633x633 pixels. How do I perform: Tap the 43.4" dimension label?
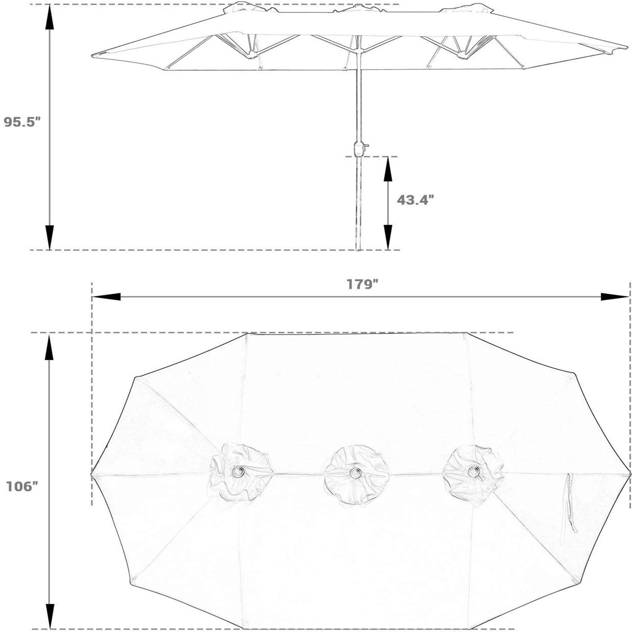pos(415,200)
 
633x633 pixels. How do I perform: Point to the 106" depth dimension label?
pos(22,487)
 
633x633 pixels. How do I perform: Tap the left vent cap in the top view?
pos(241,472)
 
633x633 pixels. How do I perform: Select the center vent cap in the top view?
pos(357,474)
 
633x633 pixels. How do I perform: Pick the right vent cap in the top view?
pos(473,475)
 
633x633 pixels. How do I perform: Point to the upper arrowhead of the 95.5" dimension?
pos(50,18)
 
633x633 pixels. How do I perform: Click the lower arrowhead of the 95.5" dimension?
pos(50,237)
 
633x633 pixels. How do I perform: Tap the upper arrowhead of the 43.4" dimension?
pos(388,169)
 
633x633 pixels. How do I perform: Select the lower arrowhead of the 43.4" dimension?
pos(388,237)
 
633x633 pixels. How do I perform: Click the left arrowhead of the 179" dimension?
pos(106,297)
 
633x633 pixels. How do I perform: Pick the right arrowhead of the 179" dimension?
pos(615,297)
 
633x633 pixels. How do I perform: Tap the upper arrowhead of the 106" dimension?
pos(50,346)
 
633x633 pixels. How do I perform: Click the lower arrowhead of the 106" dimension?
pos(50,616)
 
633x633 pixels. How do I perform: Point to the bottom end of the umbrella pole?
pos(359,250)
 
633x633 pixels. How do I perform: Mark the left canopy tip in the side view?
pos(92,55)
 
